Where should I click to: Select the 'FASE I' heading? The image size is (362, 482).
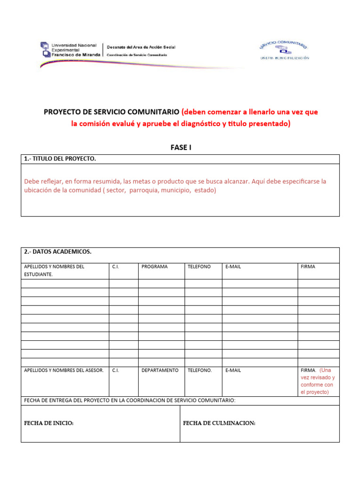coord(181,147)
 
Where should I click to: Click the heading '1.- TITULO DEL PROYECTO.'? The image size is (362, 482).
coord(60,159)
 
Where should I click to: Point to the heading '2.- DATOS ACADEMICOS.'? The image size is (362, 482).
coord(58,252)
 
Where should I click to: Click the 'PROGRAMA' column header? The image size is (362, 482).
coord(155,266)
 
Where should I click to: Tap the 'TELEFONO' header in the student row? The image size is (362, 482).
coord(199,266)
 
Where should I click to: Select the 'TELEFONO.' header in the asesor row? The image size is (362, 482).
coord(200,370)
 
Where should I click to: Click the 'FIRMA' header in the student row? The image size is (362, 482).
coord(308,266)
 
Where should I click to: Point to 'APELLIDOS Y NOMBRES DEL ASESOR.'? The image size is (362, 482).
coord(64,370)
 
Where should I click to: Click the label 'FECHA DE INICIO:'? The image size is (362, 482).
coord(49,424)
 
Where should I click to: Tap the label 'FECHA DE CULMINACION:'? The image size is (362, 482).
coord(219,424)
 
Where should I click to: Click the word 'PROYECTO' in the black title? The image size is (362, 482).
coord(62,112)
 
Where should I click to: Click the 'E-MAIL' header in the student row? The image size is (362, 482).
coord(233,266)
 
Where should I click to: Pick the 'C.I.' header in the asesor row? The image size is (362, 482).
coord(115,370)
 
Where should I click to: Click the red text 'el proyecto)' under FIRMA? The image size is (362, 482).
coord(315,392)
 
